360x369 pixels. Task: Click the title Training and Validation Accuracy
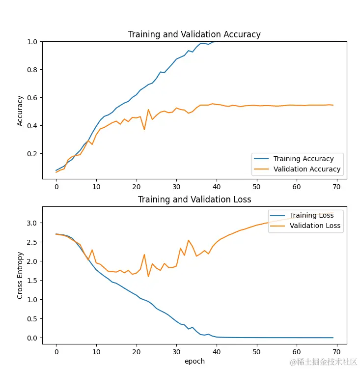pos(194,34)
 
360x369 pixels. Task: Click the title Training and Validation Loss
pos(194,199)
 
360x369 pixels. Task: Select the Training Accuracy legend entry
pos(303,159)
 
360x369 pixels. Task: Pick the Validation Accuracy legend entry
pos(306,169)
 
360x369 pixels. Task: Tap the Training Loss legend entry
pos(311,215)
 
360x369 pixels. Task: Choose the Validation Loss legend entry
pos(315,226)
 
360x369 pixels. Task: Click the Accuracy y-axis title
pos(20,111)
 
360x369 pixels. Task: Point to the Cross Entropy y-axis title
pos(20,275)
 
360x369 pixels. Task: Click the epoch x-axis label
pos(194,361)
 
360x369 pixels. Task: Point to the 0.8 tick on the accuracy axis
pos(33,70)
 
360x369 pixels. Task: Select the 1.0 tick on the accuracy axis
pos(33,42)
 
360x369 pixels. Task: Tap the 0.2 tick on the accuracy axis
pos(33,154)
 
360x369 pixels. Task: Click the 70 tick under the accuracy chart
pos(337,187)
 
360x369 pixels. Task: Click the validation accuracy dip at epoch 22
pos(144,130)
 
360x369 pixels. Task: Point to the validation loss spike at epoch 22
pos(144,255)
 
